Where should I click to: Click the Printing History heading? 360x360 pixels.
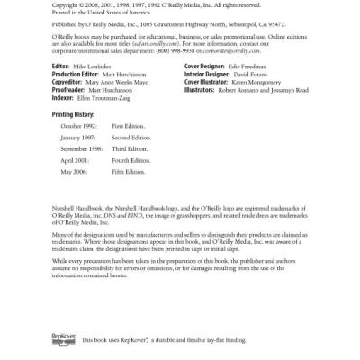click(73, 114)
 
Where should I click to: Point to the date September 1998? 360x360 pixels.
click(81, 149)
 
